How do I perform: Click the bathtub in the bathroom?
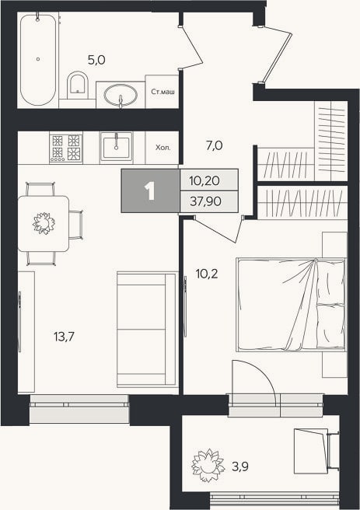point(38,59)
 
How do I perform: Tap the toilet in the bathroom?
point(78,86)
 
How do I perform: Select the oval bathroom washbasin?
point(121,95)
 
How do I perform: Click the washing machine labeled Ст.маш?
point(163,92)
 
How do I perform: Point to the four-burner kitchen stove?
point(66,148)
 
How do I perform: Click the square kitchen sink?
point(116,146)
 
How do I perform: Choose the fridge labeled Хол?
point(163,148)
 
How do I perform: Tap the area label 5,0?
point(96,60)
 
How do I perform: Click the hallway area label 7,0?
point(215,145)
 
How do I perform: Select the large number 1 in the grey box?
point(150,191)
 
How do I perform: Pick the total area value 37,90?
point(205,201)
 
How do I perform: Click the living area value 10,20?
point(204,180)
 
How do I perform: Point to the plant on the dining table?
point(44,223)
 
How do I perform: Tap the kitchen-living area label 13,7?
point(64,337)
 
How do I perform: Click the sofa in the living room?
point(147,330)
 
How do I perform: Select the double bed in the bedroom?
point(292,305)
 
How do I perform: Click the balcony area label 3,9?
point(240,466)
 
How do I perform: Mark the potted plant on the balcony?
point(208,465)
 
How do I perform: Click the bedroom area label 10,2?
point(207,274)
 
